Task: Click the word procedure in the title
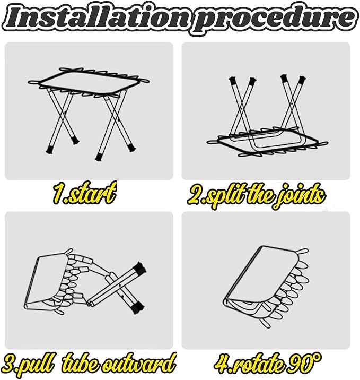pyautogui.click(x=269, y=19)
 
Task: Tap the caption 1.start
pyautogui.click(x=84, y=194)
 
